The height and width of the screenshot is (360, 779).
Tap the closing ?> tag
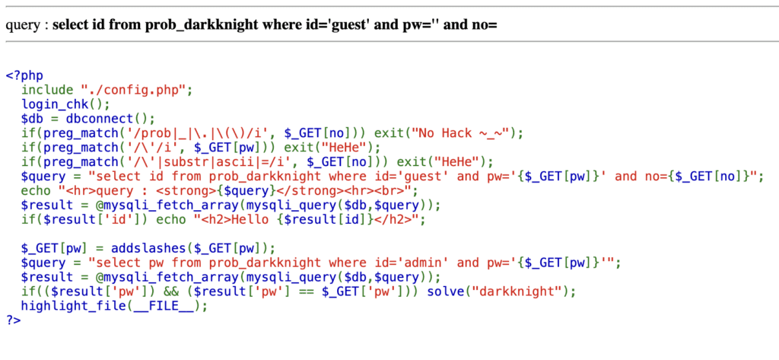(x=13, y=320)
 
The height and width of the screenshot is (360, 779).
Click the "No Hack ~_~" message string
(x=462, y=132)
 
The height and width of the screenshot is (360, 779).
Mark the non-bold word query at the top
(x=22, y=25)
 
